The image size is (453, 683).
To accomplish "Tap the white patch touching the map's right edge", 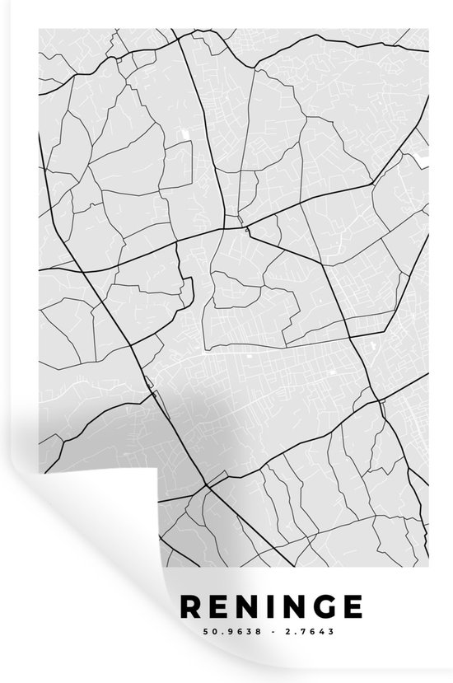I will coord(424,154).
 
